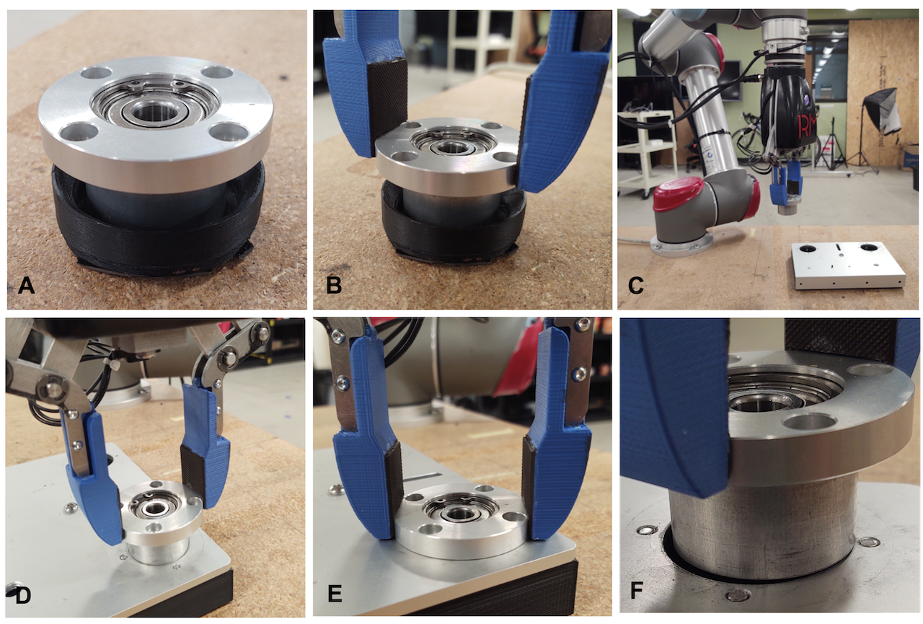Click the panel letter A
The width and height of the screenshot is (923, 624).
(26, 286)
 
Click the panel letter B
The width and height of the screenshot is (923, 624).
(333, 286)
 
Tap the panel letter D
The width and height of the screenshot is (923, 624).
(23, 596)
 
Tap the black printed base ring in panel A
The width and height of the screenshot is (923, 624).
(159, 231)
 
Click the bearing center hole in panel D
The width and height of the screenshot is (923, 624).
(154, 509)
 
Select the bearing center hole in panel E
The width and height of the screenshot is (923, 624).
(454, 514)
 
